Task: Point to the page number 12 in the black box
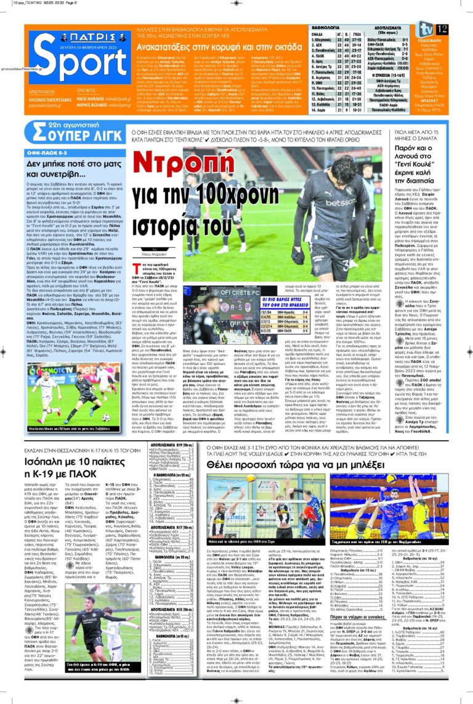tap(441, 30)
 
